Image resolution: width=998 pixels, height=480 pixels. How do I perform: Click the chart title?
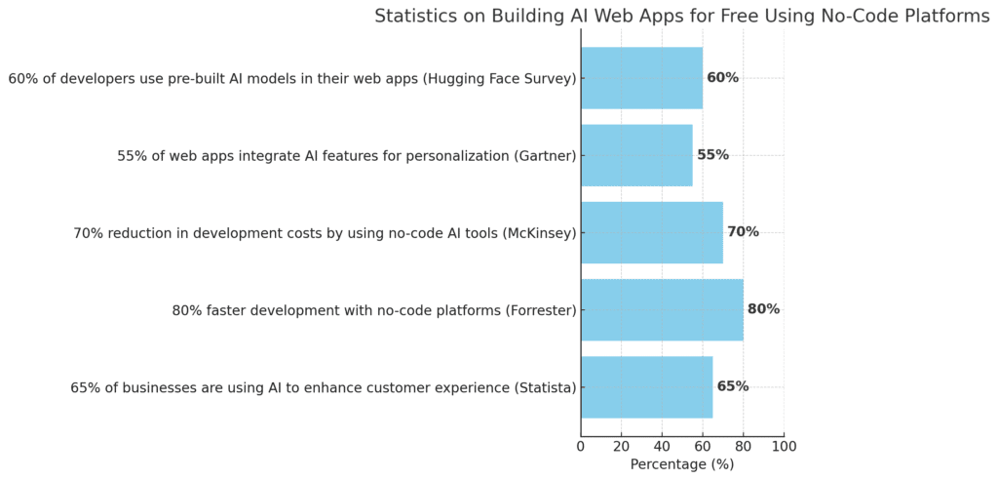681,16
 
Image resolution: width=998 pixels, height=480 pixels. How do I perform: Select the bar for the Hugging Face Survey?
641,78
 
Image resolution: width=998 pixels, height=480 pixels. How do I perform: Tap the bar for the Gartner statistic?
636,155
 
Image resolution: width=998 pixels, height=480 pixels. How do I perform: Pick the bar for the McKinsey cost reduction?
652,232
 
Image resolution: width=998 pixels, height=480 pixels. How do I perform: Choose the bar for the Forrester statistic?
662,309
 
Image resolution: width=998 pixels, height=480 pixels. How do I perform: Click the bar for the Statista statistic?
646,386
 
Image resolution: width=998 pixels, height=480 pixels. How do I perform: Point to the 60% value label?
722,78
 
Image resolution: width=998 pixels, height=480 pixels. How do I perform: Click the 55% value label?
712,155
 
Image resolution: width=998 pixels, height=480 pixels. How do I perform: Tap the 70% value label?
743,232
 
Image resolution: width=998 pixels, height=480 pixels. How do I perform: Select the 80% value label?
763,309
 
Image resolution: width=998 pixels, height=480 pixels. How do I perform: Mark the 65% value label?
733,386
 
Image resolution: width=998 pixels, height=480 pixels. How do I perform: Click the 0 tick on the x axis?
581,447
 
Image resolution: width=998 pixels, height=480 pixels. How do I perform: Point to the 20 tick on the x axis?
622,447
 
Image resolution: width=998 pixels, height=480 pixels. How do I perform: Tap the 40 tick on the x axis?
662,447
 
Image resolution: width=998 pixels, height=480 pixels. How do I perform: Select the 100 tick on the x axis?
784,447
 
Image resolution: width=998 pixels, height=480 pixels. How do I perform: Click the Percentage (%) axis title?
682,465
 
